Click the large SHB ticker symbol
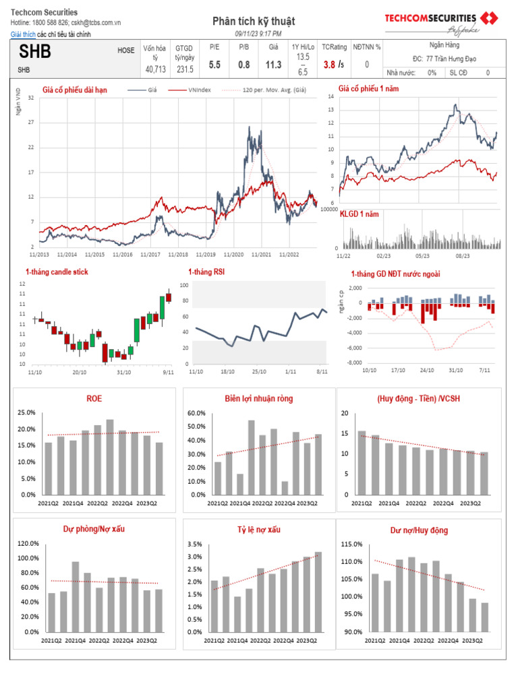34,52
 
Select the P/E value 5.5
214,65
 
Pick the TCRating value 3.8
329,65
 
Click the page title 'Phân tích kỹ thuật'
254,22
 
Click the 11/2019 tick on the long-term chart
206,255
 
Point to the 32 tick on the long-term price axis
31,98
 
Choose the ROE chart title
94,398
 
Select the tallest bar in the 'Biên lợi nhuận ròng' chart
252,458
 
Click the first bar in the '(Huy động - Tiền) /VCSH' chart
362,463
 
